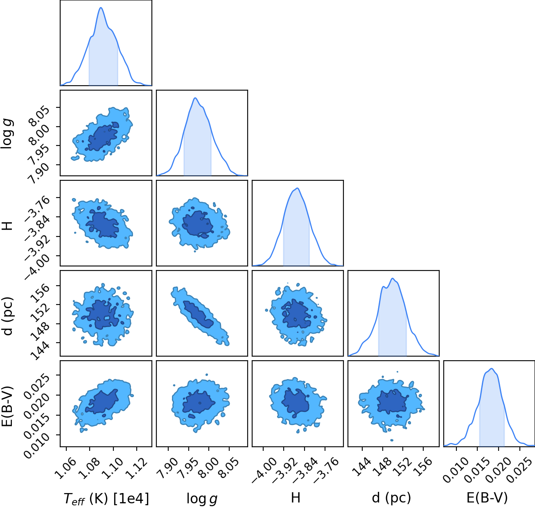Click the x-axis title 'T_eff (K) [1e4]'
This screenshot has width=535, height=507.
pyautogui.click(x=106, y=498)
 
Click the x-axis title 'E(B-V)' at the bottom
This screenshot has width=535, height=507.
pyautogui.click(x=487, y=498)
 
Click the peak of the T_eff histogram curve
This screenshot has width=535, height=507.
pyautogui.click(x=101, y=7)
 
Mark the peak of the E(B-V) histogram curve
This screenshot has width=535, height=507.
pyautogui.click(x=492, y=368)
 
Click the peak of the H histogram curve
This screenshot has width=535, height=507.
pyautogui.click(x=298, y=188)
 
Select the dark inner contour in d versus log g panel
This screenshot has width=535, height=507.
pyautogui.click(x=198, y=314)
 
